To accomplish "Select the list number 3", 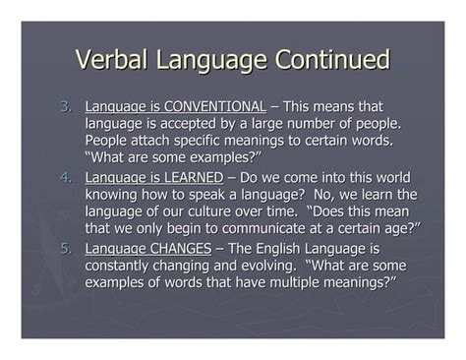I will pyautogui.click(x=66, y=106).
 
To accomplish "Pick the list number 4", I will pyautogui.click(x=66, y=177).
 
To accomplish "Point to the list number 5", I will pyautogui.click(x=66, y=248).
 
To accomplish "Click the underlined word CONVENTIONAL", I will pyautogui.click(x=214, y=106).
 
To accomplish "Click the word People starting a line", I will pyautogui.click(x=109, y=142).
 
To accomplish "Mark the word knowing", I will pyautogui.click(x=113, y=195).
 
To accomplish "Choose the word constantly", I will pyautogui.click(x=124, y=266).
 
